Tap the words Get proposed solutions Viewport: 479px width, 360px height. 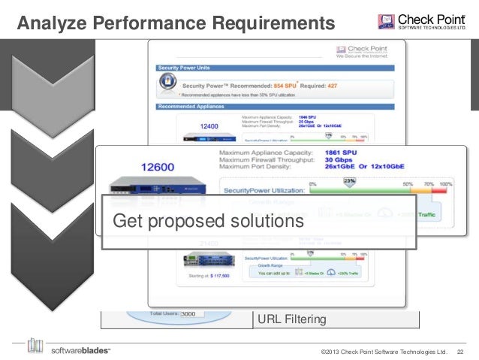tap(208, 221)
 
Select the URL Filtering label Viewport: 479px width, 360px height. tap(292, 319)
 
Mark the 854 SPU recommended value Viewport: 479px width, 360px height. tap(290, 84)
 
